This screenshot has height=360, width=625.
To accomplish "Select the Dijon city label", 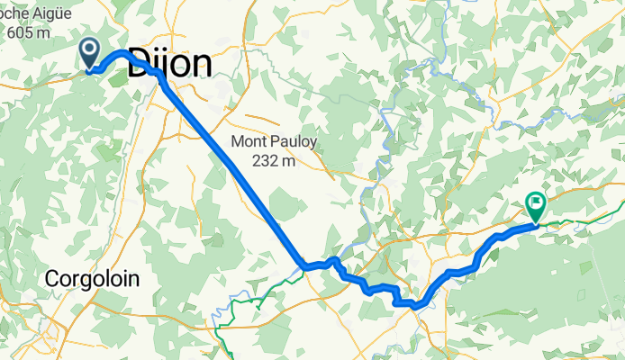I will (x=170, y=64).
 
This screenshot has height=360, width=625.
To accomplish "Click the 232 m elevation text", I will (x=276, y=161).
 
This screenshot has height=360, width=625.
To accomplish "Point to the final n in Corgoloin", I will (x=135, y=279).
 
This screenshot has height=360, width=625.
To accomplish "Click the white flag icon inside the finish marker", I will (x=537, y=203).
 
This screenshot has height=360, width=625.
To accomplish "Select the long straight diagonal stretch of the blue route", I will (x=234, y=171).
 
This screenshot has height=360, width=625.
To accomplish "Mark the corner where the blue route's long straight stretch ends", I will (x=303, y=266).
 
